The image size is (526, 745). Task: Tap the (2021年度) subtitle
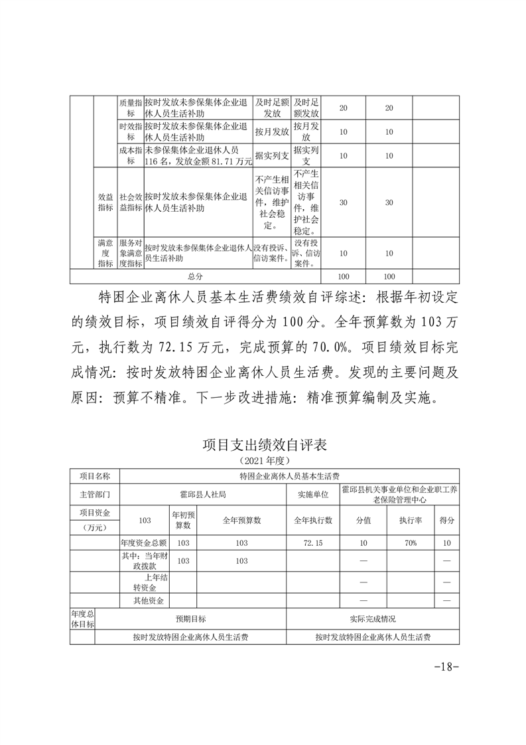click(x=265, y=459)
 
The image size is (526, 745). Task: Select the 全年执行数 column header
click(x=313, y=519)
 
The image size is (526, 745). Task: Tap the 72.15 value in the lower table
click(x=313, y=543)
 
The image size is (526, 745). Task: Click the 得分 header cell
click(x=447, y=519)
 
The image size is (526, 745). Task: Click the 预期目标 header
click(x=190, y=619)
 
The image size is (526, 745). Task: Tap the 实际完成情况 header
click(x=373, y=619)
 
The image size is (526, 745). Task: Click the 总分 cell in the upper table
click(x=196, y=276)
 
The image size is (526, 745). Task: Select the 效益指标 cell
click(x=105, y=203)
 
